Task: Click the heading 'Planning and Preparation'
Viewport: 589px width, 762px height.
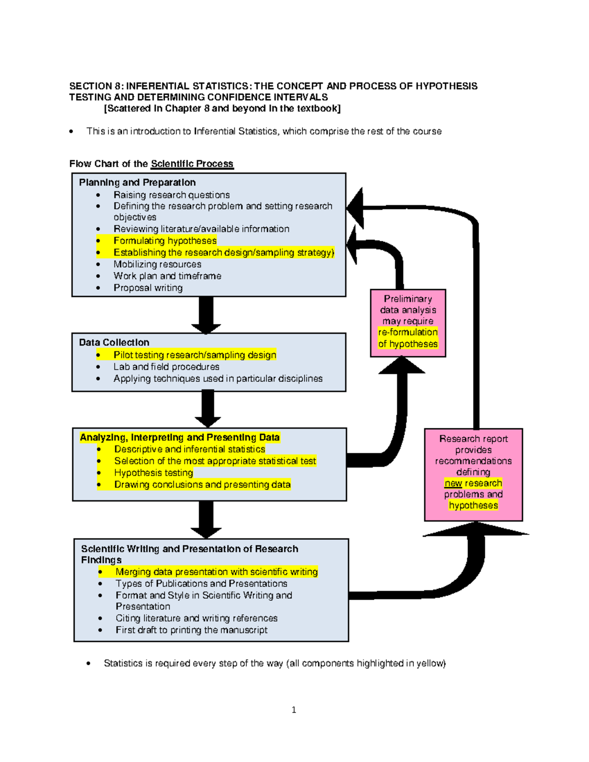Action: coord(137,183)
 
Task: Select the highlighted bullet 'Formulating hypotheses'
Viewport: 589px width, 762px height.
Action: coord(165,240)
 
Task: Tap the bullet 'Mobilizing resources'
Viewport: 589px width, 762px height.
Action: coord(157,264)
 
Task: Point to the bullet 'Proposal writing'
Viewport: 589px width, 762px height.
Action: coord(148,288)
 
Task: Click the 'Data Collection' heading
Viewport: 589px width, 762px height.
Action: coord(114,342)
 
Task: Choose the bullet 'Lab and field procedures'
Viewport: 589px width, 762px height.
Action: coord(166,367)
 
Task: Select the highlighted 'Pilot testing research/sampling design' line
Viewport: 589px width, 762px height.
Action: coord(194,355)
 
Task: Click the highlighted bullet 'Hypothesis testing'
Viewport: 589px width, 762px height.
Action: coord(153,473)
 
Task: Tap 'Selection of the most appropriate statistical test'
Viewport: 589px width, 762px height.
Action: coord(215,461)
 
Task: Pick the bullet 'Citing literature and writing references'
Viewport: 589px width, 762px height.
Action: coord(196,618)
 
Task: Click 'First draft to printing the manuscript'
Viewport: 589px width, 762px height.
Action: coord(191,630)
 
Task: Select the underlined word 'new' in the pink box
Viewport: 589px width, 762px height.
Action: coord(453,483)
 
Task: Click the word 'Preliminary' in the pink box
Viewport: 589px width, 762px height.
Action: coord(407,299)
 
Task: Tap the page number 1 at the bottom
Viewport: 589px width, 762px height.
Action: coord(294,709)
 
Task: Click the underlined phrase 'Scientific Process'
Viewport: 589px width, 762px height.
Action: coord(192,164)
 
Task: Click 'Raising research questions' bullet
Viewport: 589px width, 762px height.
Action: coord(171,195)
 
